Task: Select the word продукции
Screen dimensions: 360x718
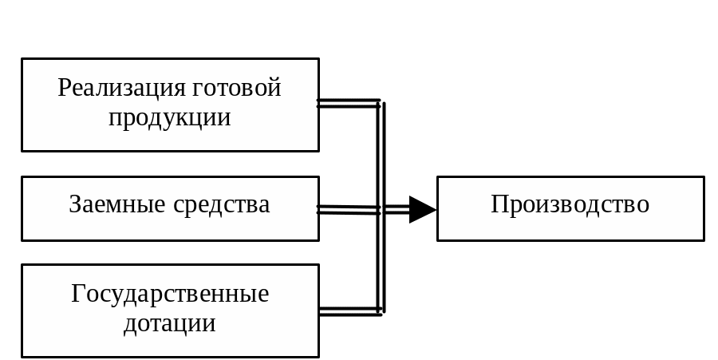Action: coord(169,118)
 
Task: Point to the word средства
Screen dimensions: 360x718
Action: coord(221,204)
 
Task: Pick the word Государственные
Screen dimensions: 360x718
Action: coord(170,294)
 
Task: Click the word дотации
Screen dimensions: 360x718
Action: coord(170,323)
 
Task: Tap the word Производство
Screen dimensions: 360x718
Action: coord(570,204)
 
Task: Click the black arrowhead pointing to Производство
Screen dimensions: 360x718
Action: coord(422,209)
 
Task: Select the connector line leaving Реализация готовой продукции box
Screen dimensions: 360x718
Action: coord(348,103)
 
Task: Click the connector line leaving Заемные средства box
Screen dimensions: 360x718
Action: coord(348,210)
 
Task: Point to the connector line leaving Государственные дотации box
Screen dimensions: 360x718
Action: coord(348,311)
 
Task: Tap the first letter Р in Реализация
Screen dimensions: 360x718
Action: coord(64,88)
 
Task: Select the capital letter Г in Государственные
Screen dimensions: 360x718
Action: coord(77,294)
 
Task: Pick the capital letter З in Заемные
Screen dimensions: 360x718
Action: coord(75,204)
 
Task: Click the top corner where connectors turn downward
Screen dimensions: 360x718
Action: coord(381,103)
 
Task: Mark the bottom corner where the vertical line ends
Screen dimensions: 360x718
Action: coord(381,312)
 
